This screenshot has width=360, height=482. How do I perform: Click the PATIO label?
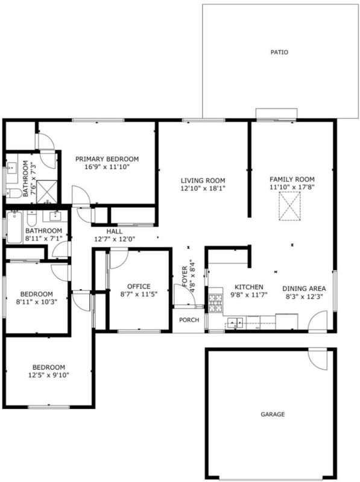click(x=279, y=52)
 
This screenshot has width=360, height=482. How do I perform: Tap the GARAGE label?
click(x=273, y=415)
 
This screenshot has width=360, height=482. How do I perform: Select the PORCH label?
click(x=189, y=320)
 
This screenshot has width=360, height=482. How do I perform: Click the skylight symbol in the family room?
click(x=289, y=206)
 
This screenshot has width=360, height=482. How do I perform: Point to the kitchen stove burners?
click(x=215, y=303)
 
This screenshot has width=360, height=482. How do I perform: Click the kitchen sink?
click(x=235, y=322)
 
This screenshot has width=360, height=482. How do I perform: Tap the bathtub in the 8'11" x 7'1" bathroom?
click(x=14, y=227)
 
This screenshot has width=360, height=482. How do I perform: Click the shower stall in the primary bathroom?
click(x=47, y=192)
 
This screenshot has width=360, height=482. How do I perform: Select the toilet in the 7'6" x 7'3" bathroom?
click(x=14, y=193)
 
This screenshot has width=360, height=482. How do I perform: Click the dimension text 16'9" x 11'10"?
click(x=107, y=167)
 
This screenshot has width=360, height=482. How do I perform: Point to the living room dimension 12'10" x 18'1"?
click(x=203, y=189)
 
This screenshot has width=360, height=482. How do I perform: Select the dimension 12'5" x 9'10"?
click(x=49, y=375)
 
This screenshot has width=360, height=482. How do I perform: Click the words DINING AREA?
click(x=304, y=289)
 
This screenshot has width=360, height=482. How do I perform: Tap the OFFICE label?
click(x=139, y=287)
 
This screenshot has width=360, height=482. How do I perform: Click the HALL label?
click(x=115, y=231)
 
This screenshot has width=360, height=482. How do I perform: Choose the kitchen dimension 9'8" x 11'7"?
click(x=249, y=295)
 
